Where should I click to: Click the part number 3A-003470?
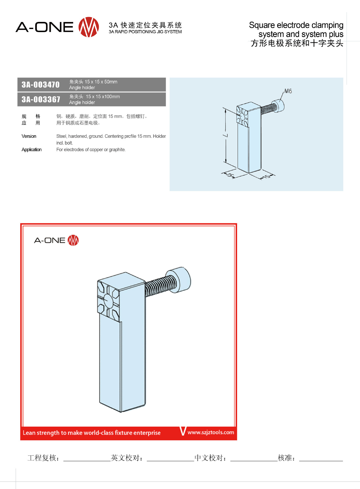40,85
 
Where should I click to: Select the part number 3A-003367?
41,99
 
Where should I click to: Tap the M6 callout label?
288,91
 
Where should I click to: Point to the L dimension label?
226,135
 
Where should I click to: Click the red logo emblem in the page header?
89,27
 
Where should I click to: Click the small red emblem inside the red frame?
73,240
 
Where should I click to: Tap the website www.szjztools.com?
211,432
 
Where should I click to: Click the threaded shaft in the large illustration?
160,286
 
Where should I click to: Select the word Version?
29,136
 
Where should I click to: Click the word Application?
32,150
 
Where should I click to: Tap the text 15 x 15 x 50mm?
101,82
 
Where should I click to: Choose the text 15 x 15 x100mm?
103,97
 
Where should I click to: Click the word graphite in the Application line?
117,150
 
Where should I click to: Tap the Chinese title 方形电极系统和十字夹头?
297,43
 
